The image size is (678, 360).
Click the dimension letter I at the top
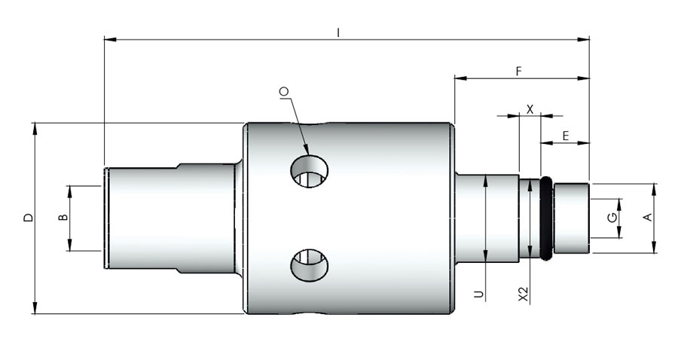339,32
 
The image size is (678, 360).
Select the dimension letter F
518,71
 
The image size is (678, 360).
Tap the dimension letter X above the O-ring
530,108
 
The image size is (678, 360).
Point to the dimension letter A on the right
646,217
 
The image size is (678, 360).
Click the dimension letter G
612,218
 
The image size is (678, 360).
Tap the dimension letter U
478,293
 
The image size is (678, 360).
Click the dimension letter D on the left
28,218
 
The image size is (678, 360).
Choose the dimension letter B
63,218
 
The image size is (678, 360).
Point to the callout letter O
284,92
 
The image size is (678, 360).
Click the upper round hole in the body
310,172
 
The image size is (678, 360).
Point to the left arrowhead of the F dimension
459,77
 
